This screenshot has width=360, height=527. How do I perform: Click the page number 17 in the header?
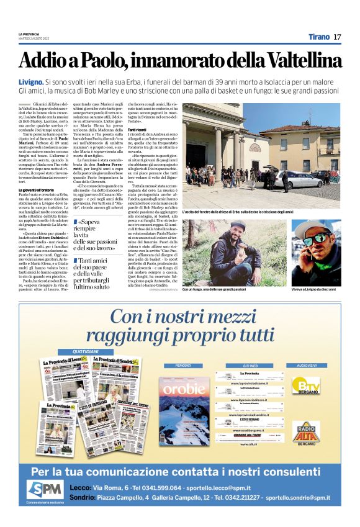[337, 37]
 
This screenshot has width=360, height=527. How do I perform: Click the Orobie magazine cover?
[184, 410]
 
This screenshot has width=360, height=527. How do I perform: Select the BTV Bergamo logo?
[307, 385]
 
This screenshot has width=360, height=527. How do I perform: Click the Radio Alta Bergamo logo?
[307, 431]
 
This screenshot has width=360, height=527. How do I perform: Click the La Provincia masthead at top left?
[29, 34]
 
